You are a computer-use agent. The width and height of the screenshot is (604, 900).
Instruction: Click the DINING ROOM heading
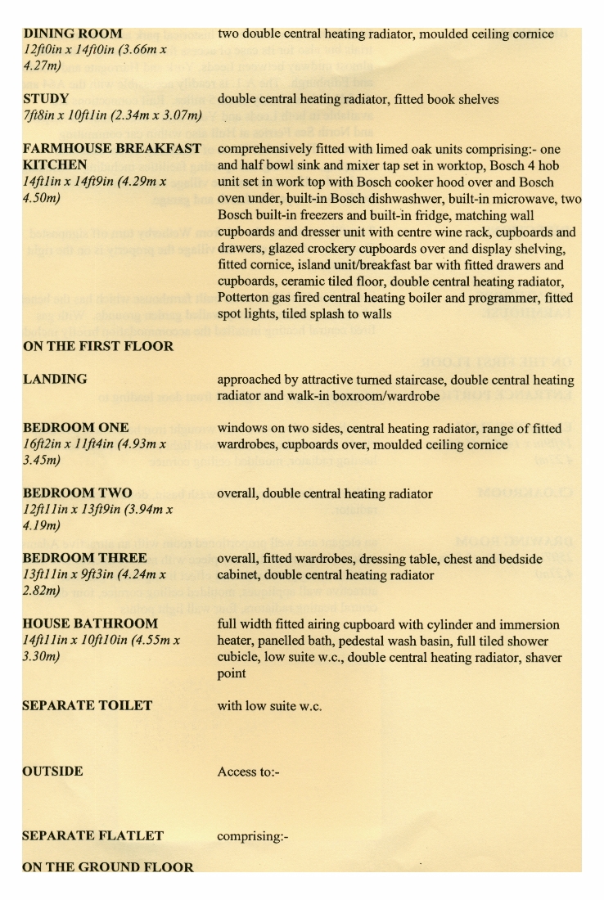(x=73, y=34)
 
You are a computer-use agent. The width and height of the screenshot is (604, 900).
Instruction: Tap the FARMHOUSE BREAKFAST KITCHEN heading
(x=112, y=156)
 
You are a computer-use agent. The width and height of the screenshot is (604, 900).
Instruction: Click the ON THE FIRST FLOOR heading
(x=98, y=346)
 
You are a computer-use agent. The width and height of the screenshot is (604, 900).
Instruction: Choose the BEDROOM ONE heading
(x=76, y=428)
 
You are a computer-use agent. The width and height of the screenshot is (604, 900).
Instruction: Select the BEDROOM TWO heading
(x=78, y=493)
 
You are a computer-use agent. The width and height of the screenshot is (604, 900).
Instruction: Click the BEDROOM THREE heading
(x=84, y=559)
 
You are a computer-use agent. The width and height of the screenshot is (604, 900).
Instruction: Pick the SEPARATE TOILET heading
(x=88, y=705)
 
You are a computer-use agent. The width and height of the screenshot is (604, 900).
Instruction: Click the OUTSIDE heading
(x=53, y=771)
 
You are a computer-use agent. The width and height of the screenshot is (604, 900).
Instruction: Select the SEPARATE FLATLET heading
(x=93, y=836)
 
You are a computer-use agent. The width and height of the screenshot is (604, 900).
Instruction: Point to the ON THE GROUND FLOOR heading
(x=108, y=867)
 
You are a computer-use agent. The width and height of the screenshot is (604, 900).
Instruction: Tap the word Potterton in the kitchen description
(x=251, y=298)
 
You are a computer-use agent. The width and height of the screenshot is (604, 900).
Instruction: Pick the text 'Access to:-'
(x=249, y=772)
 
